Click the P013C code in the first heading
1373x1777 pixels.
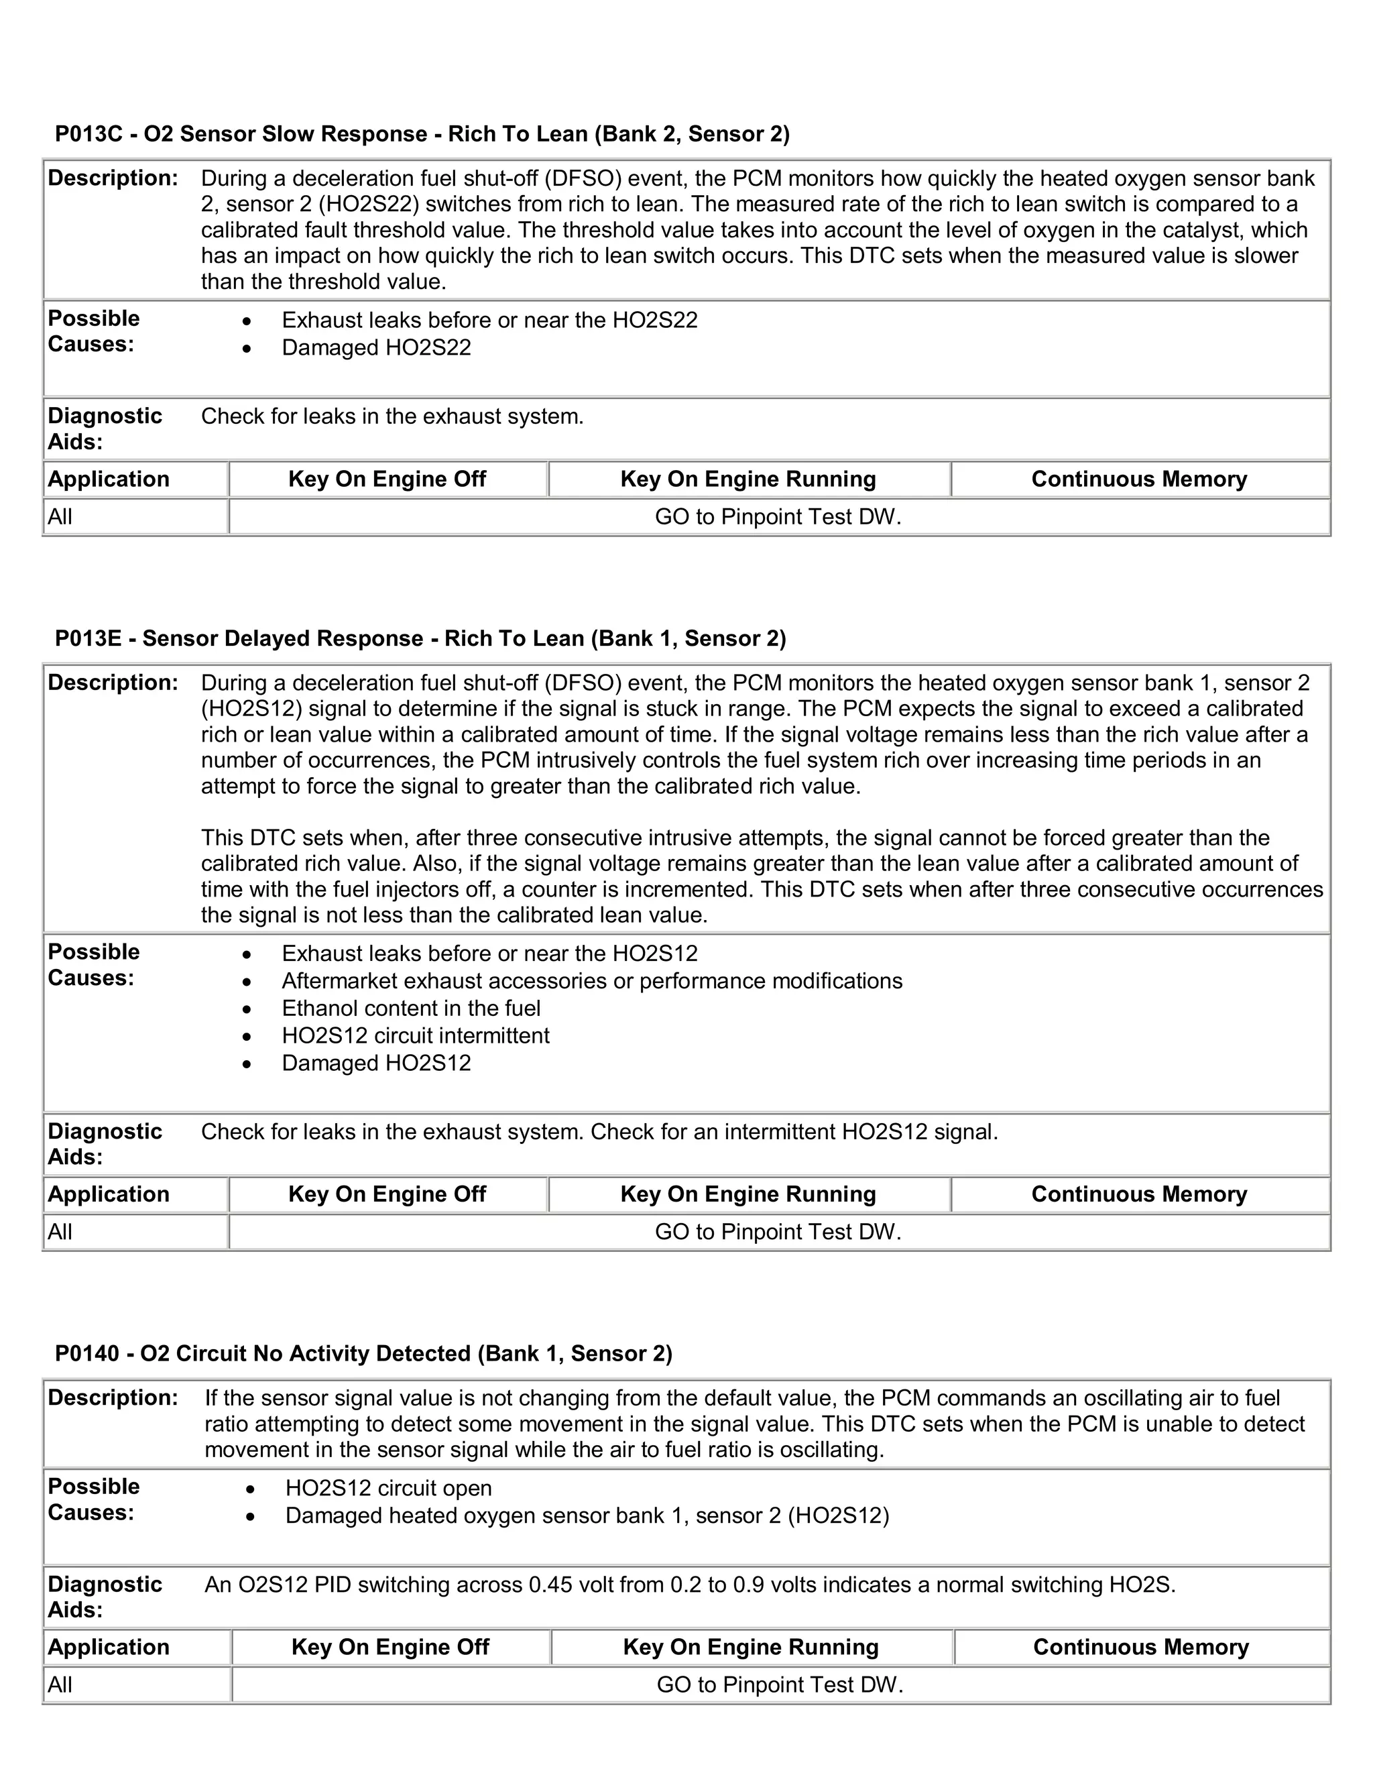click(x=88, y=134)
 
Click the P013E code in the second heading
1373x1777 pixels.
click(x=88, y=638)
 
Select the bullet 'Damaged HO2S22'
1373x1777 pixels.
click(x=376, y=348)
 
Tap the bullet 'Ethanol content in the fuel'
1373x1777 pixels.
click(x=411, y=1009)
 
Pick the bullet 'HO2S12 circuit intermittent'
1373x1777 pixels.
click(x=416, y=1036)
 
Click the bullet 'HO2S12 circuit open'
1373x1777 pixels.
click(x=388, y=1489)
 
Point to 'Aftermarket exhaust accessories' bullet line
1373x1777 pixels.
click(x=591, y=981)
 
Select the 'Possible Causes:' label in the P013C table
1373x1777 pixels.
click(x=94, y=331)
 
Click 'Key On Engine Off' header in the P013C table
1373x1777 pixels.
click(x=387, y=479)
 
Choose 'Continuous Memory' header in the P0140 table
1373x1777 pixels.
click(x=1140, y=1648)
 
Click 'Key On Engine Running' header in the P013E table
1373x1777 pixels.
click(x=748, y=1194)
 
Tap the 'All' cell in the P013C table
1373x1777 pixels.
click(x=60, y=518)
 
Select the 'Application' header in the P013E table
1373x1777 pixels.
click(x=108, y=1194)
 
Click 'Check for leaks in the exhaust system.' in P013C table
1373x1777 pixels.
click(x=392, y=416)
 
